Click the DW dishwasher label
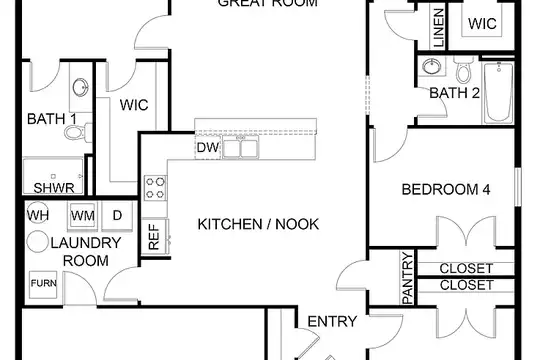coord(208,147)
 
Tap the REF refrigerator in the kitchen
coord(155,237)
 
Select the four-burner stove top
coord(155,188)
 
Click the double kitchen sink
coord(241,147)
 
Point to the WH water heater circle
coord(38,213)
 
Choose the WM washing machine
coord(83,216)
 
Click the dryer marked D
coord(117,216)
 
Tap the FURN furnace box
coord(43,285)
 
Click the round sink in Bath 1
coord(81,88)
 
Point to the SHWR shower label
coord(54,188)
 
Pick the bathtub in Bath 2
coord(498,92)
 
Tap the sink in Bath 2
coord(432,66)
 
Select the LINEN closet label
coord(438,28)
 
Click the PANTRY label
coord(407,278)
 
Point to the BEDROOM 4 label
coord(446,189)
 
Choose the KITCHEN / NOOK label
coord(258,224)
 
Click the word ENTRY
coord(332,321)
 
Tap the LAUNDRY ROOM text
coord(86,252)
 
